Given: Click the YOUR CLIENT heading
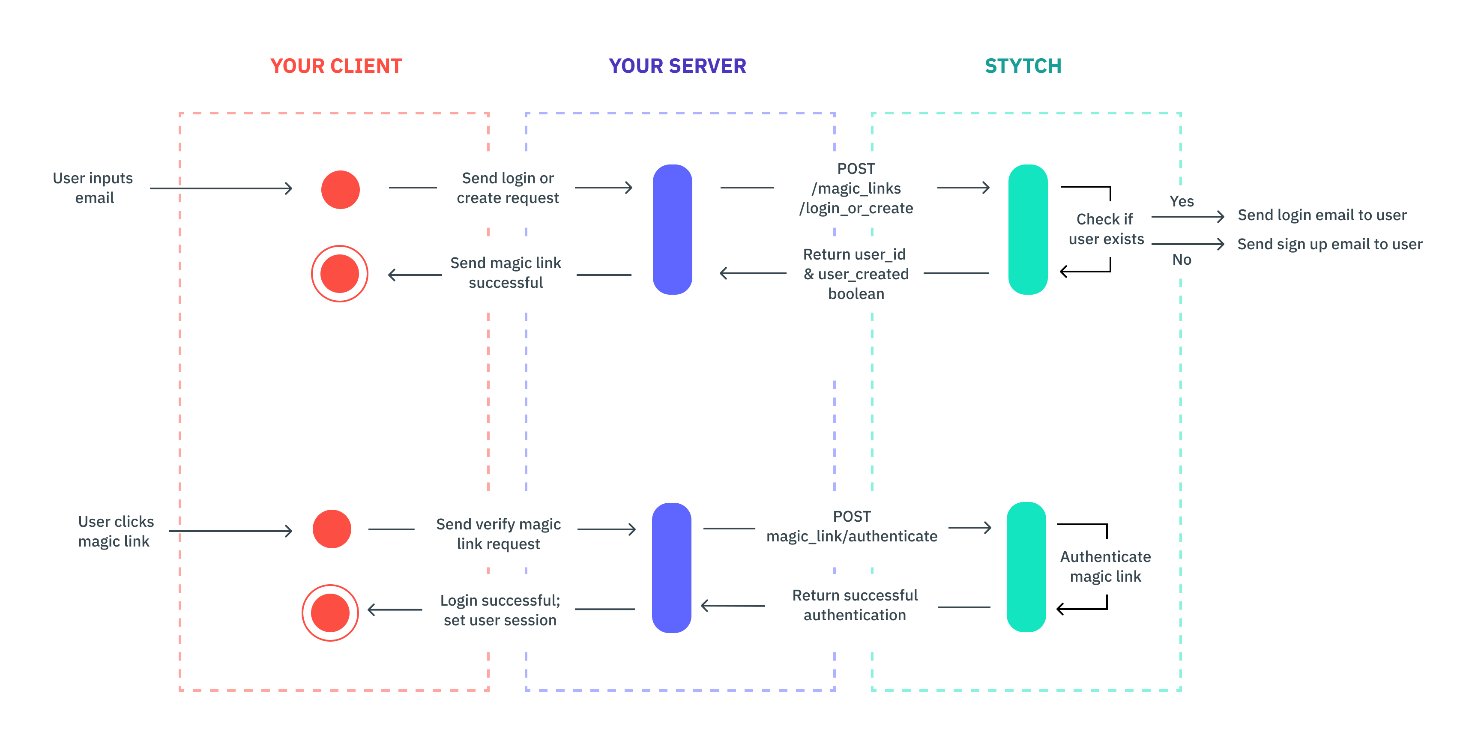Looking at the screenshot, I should point(336,66).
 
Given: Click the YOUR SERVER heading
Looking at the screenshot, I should point(677,66).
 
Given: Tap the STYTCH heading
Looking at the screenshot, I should point(1023,66).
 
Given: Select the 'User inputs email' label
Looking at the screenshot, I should point(93,188).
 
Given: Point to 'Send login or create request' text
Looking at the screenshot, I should point(507,188).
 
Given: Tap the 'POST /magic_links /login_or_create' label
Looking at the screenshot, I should point(856,188).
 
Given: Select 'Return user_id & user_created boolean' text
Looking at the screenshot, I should point(856,274).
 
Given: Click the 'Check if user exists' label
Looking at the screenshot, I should point(1106,229).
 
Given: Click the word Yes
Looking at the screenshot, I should point(1181,202).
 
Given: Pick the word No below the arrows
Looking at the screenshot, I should point(1181,260).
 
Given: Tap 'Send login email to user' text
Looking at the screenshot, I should point(1322,215).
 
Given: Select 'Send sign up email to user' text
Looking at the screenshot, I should point(1330,245).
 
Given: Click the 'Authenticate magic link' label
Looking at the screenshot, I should point(1105,566).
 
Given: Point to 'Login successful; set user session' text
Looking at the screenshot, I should point(500,610).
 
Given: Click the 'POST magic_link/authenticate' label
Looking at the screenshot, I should point(851,526).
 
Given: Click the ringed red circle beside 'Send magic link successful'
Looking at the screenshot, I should point(339,274).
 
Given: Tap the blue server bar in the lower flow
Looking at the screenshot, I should point(671,568).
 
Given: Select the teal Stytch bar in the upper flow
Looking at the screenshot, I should point(1027,230).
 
